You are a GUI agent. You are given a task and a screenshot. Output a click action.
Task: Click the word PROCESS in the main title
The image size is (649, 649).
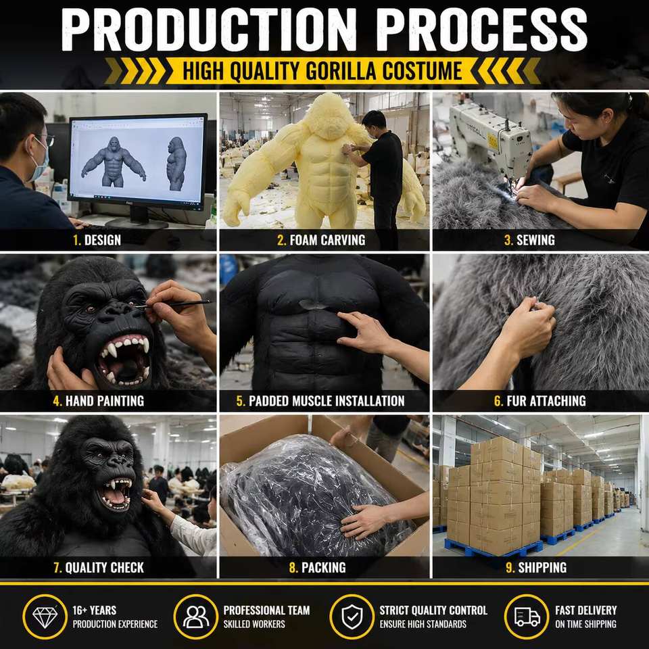pyautogui.click(x=481, y=29)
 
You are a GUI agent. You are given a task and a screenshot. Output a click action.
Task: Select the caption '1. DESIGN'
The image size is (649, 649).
pyautogui.click(x=97, y=240)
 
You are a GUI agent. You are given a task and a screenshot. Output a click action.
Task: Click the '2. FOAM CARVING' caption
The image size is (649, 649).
pyautogui.click(x=321, y=240)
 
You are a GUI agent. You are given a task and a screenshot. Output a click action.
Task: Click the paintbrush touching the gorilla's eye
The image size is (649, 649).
pyautogui.click(x=173, y=305)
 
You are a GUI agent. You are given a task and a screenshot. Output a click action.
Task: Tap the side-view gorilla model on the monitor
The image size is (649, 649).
pyautogui.click(x=176, y=164)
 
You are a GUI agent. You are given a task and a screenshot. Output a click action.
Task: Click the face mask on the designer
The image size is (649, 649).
pyautogui.click(x=39, y=162)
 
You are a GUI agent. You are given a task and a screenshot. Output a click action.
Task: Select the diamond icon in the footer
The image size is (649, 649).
pyautogui.click(x=45, y=617)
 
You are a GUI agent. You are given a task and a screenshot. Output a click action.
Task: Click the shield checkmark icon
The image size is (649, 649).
pyautogui.click(x=352, y=617)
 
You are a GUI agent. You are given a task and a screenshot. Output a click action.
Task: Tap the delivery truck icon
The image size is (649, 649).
pyautogui.click(x=527, y=617)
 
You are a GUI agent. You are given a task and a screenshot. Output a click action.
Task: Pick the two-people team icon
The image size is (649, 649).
pyautogui.click(x=196, y=617)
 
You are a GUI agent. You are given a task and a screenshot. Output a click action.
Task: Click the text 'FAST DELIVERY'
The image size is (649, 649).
pyautogui.click(x=585, y=610)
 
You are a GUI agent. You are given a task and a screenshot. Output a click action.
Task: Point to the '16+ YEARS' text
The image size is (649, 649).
pyautogui.click(x=95, y=610)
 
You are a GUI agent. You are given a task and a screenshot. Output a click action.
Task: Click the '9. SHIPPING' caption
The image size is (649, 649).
pyautogui.click(x=536, y=567)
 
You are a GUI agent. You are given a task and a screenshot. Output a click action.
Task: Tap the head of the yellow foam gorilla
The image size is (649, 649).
pyautogui.click(x=329, y=116)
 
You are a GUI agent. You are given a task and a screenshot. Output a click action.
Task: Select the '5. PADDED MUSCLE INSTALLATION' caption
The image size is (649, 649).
pyautogui.click(x=320, y=401)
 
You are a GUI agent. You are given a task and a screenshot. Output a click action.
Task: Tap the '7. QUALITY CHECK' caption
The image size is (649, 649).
pyautogui.click(x=99, y=567)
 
